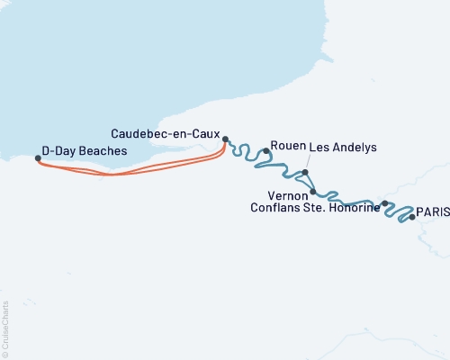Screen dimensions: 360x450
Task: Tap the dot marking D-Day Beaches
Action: click(x=38, y=158)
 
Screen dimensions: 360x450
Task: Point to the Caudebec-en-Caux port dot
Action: click(x=226, y=139)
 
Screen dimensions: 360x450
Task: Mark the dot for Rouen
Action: click(x=266, y=151)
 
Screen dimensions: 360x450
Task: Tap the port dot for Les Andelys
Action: click(x=306, y=173)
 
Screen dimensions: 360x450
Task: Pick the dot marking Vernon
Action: click(x=312, y=192)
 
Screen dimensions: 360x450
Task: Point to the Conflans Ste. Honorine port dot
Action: click(x=385, y=203)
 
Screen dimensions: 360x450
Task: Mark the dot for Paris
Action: click(x=412, y=217)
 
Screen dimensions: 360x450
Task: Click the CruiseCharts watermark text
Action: click(x=6, y=328)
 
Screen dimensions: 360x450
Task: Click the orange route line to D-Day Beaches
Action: click(x=135, y=170)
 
